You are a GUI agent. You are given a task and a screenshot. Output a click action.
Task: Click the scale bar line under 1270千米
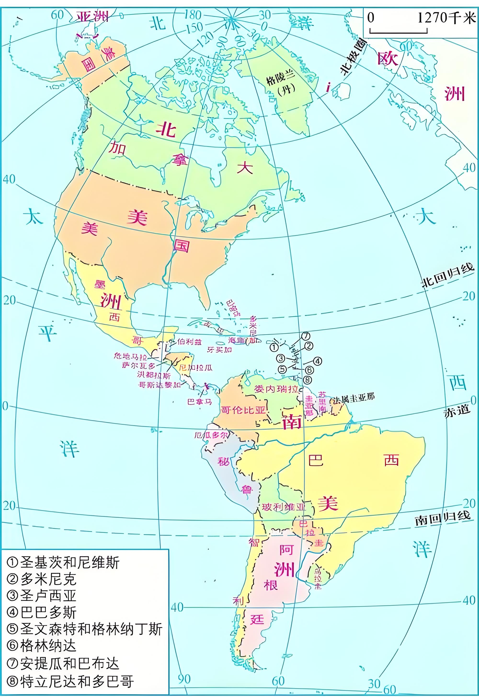[398, 31]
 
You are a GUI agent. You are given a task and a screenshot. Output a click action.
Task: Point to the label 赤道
[456, 411]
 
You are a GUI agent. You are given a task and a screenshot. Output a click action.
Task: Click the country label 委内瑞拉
[276, 389]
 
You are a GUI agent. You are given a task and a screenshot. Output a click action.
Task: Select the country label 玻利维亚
[284, 507]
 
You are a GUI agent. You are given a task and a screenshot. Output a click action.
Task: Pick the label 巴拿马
[200, 401]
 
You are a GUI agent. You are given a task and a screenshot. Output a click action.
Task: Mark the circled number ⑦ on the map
[306, 335]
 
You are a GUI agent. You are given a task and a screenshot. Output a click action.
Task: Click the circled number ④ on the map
[317, 361]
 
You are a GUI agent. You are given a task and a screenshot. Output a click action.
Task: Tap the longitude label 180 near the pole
[192, 14]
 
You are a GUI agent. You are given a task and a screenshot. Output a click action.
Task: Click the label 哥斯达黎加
[159, 385]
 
